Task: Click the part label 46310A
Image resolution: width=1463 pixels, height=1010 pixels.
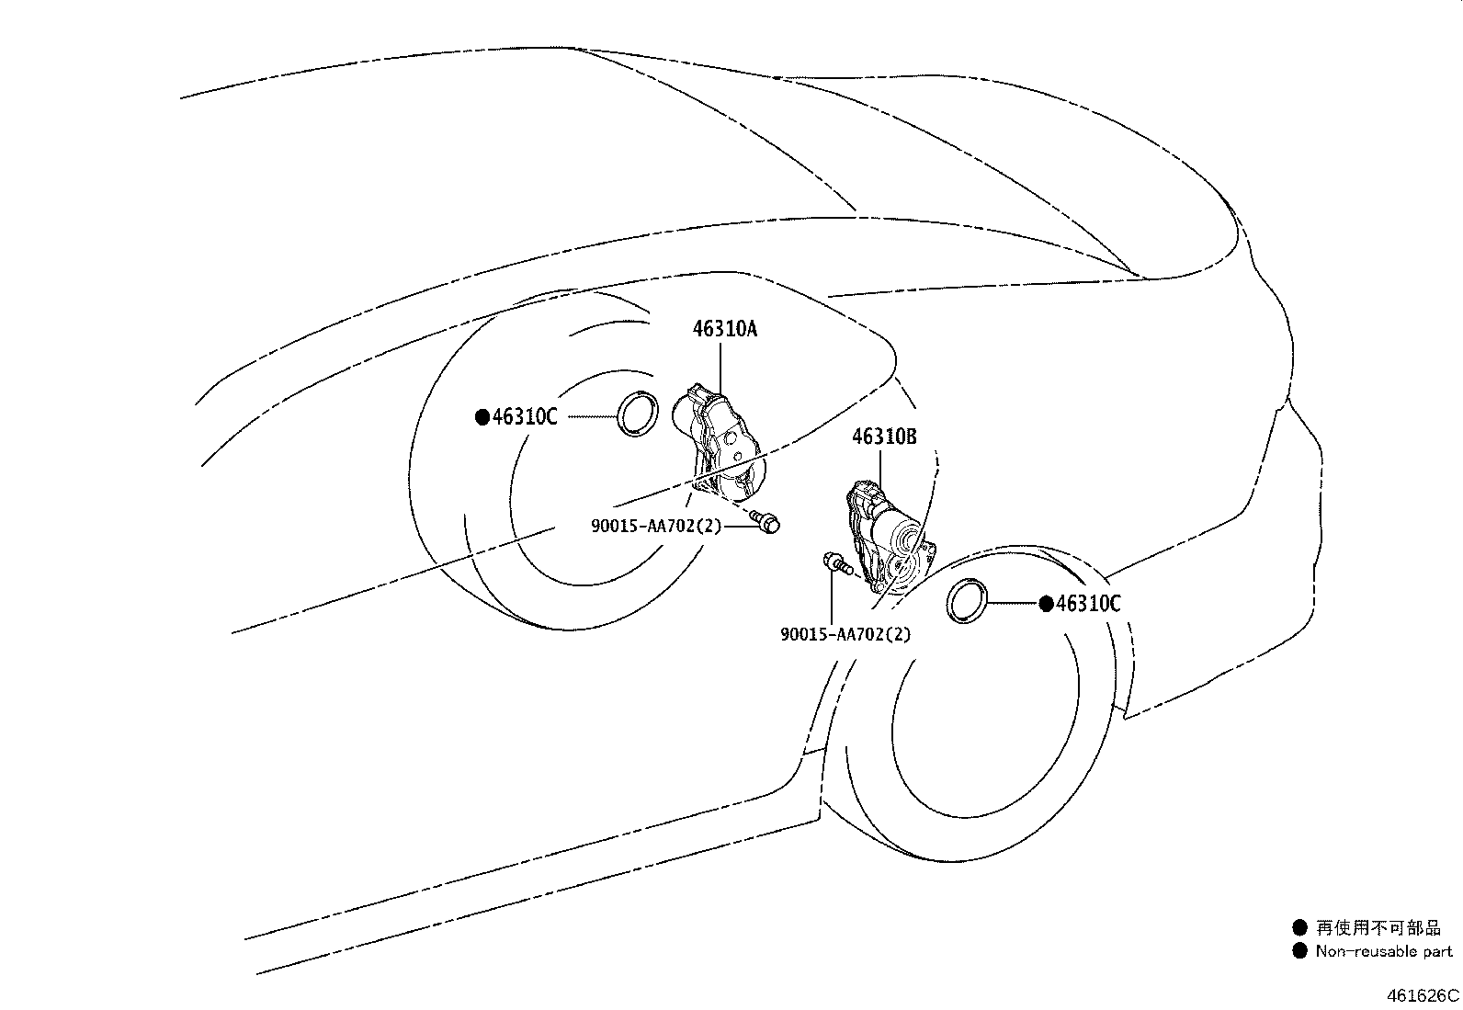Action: coord(725,329)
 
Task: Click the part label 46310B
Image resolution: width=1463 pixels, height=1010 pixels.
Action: coord(884,437)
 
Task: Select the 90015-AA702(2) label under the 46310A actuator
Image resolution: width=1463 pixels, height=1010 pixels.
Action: coord(656,526)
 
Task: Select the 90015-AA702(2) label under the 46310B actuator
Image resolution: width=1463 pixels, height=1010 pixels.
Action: coord(845,634)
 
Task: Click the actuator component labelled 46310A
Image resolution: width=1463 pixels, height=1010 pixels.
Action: coord(719,444)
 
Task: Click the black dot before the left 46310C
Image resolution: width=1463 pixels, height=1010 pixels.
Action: coord(482,417)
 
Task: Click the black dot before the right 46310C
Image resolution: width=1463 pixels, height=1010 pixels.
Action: coord(1047,605)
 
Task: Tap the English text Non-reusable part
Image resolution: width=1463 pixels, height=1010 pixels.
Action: coord(1384,951)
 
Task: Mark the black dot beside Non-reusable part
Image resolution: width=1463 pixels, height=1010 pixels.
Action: coord(1299,951)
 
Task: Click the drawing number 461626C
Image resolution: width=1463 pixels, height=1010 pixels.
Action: coord(1423,995)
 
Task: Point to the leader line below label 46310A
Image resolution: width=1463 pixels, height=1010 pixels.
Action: coord(720,369)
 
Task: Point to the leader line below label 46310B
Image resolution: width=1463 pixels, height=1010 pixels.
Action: coord(879,469)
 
